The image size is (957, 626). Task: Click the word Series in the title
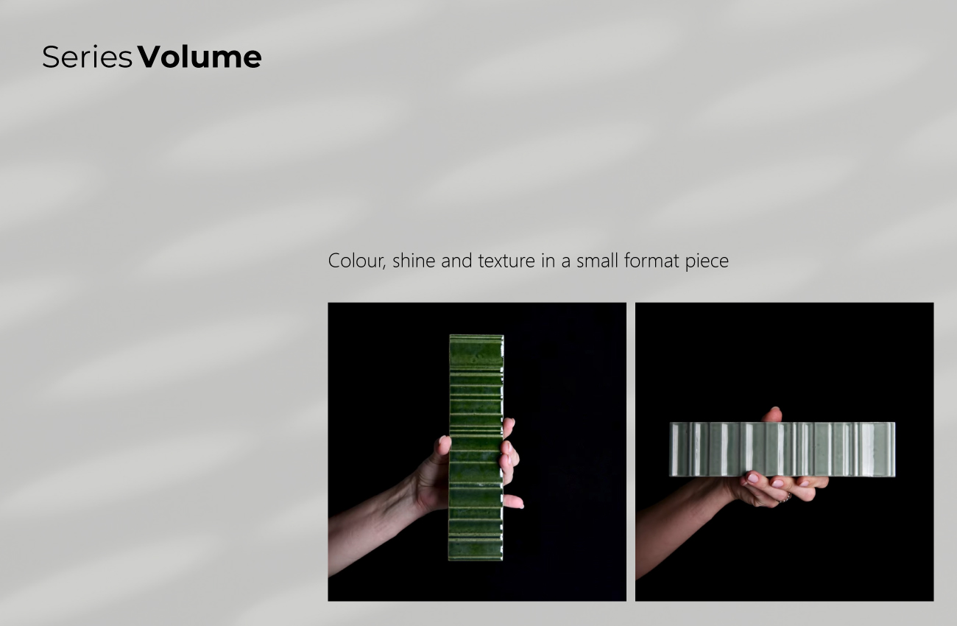tap(87, 57)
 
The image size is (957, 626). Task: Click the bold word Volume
tap(199, 57)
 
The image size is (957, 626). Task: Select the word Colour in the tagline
tap(357, 261)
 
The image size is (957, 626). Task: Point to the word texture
tap(506, 261)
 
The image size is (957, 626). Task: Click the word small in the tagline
tap(597, 260)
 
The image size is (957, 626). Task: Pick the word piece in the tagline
tap(707, 261)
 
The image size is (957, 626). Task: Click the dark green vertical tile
tap(476, 447)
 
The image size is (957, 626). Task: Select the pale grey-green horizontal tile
tap(783, 449)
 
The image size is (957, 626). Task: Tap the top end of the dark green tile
tap(476, 336)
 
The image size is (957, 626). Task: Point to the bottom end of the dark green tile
tap(476, 559)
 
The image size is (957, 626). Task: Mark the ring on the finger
tap(786, 497)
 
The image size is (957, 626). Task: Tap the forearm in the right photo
tap(679, 526)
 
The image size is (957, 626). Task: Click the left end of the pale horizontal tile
tap(670, 449)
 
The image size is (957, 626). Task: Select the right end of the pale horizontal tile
tap(894, 449)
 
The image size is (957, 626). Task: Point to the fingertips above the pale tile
tap(772, 415)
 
